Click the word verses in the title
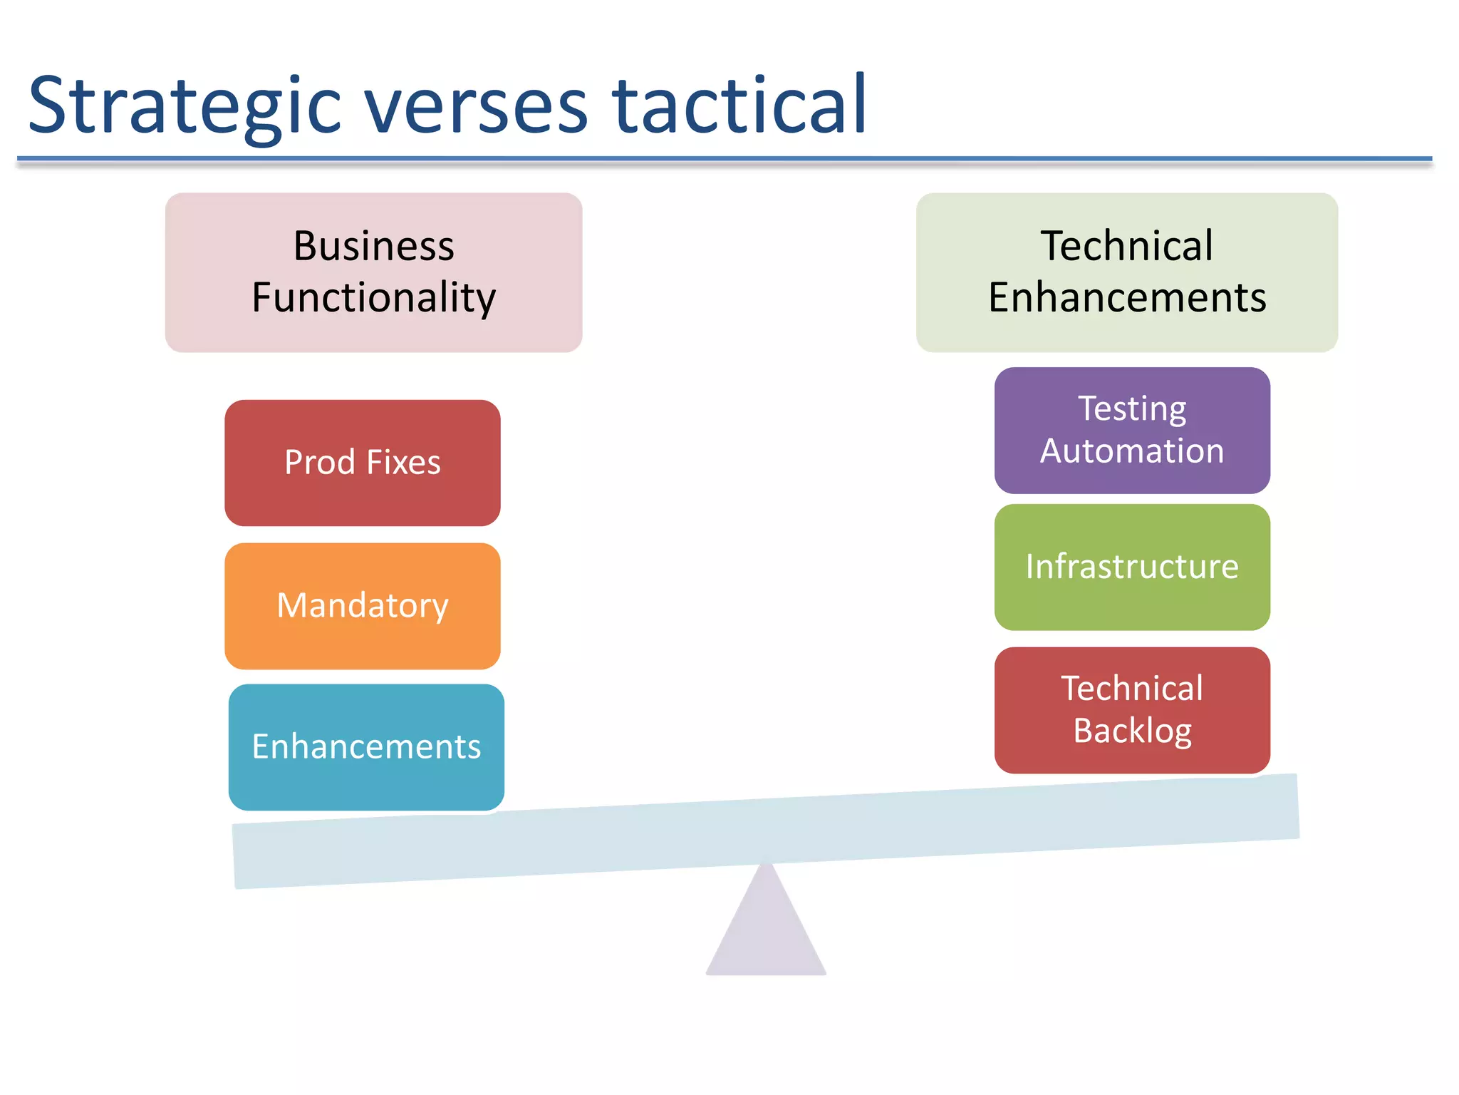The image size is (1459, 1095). tap(476, 107)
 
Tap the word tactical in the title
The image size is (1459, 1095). tap(739, 107)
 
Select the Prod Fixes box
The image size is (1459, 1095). tap(362, 463)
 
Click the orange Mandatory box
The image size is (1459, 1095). tap(362, 606)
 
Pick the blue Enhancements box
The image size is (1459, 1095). tap(366, 747)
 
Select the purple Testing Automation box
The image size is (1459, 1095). tap(1131, 430)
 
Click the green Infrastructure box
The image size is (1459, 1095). tap(1131, 567)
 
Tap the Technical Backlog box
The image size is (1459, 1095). tap(1131, 710)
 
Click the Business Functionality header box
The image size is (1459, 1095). tap(373, 272)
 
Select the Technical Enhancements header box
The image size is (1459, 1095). tap(1126, 272)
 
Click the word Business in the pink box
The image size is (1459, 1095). tap(373, 247)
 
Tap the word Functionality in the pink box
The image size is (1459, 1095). tap(373, 298)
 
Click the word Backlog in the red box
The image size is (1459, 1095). tap(1132, 731)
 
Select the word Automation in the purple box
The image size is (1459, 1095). tap(1131, 451)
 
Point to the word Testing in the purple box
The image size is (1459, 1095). tap(1131, 409)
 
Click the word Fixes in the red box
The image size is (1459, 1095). tap(403, 463)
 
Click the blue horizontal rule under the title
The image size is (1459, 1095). tap(724, 159)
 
